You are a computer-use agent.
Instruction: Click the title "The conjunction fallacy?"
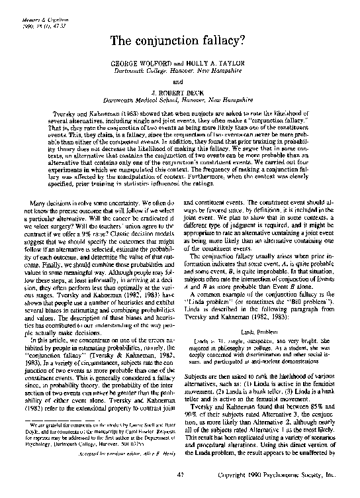coord(179,42)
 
